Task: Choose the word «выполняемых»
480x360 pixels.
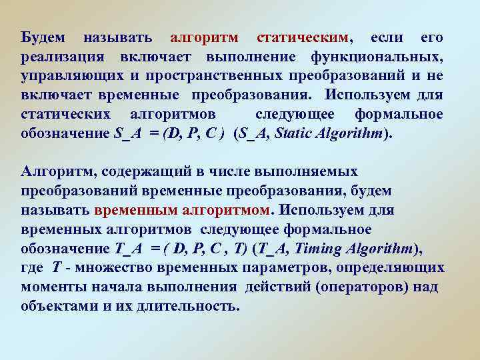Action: pos(313,172)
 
